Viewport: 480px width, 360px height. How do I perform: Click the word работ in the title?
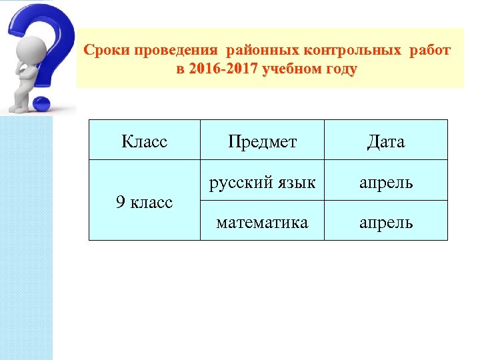430,51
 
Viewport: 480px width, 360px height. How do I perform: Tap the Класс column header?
144,141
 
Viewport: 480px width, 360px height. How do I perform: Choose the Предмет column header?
262,141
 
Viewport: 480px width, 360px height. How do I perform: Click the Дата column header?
385,141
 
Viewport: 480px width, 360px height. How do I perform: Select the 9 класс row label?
144,201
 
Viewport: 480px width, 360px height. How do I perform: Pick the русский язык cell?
262,181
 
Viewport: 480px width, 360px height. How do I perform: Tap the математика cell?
262,221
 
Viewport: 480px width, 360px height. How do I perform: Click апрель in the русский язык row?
385,181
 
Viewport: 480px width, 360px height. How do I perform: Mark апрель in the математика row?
385,221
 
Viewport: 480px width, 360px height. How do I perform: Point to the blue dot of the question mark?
42,103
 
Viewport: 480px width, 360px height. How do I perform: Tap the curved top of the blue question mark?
40,17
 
